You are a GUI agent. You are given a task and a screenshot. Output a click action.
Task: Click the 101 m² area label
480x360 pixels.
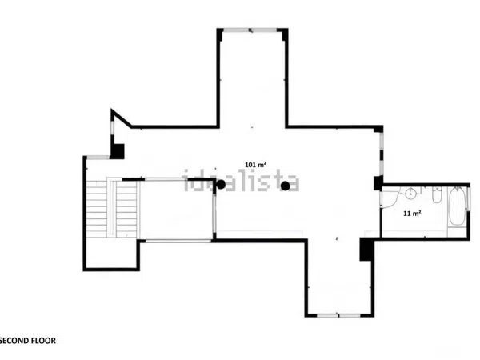(255, 165)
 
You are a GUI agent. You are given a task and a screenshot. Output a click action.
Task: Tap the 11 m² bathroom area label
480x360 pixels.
(412, 214)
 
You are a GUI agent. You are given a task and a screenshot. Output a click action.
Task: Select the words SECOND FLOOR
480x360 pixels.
(28, 341)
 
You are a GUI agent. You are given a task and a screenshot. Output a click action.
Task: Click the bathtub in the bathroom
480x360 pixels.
(457, 206)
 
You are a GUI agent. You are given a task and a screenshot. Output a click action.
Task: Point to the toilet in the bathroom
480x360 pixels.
(437, 195)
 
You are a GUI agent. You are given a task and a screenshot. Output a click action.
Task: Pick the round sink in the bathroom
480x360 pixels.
(410, 194)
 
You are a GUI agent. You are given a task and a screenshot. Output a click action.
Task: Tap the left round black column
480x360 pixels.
(221, 185)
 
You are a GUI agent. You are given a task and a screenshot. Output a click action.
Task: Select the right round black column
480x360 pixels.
(286, 186)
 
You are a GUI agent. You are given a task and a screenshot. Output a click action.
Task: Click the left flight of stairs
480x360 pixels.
(97, 209)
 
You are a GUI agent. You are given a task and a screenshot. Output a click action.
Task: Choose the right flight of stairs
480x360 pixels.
(126, 210)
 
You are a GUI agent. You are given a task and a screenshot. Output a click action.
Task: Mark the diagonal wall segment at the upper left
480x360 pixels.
(122, 118)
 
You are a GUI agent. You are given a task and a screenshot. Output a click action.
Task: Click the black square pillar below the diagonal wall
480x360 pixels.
(118, 151)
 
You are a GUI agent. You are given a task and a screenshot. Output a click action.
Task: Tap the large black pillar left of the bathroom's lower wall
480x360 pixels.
(366, 249)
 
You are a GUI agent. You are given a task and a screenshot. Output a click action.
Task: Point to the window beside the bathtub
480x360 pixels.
(468, 199)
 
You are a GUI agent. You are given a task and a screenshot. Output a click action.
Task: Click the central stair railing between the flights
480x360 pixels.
(112, 208)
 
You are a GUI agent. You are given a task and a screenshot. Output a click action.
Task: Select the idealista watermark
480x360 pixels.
(242, 181)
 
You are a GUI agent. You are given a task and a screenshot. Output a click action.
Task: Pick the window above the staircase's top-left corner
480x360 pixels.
(98, 158)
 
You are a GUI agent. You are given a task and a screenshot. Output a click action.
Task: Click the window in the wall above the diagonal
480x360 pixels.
(112, 128)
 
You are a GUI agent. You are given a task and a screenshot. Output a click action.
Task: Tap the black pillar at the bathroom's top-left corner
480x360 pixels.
(378, 182)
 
